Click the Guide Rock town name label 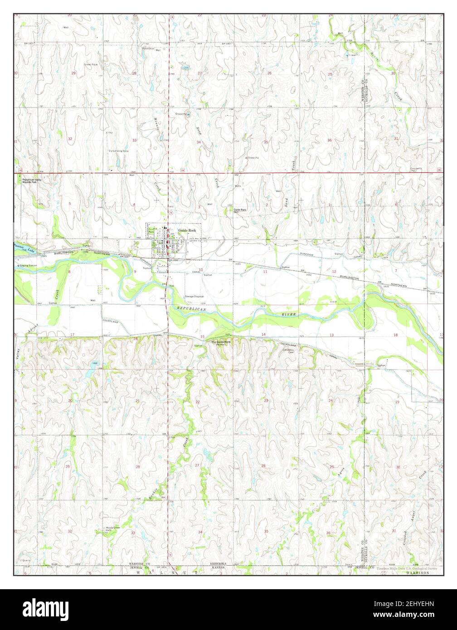[x=187, y=230]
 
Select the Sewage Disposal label [x=194, y=296]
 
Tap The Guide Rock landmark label [x=220, y=342]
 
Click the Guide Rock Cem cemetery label [x=240, y=210]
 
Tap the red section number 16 [x=135, y=339]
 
